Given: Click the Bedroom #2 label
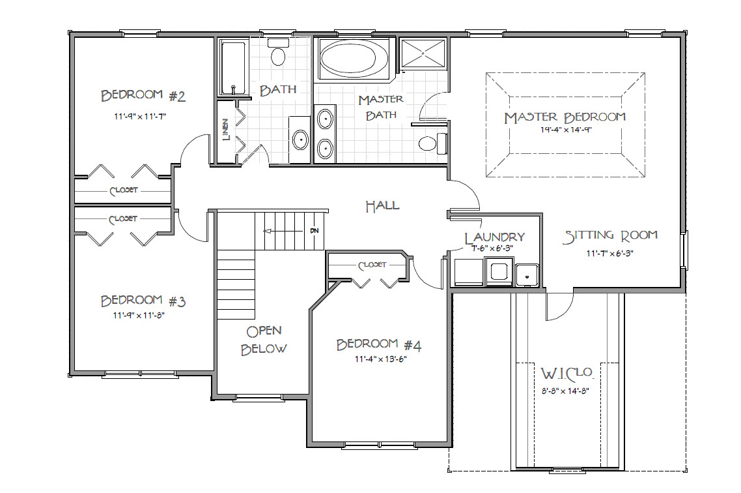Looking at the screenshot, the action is coord(143,96).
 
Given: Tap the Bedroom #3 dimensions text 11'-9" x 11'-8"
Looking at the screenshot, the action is coord(139,316).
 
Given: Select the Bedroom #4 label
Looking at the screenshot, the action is coord(378,344).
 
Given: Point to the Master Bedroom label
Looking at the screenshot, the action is coord(565,117).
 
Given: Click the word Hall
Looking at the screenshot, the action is coord(382,206).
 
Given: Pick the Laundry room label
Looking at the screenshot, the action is coord(494,237).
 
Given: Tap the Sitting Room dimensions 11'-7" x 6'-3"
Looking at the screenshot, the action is coord(609,253).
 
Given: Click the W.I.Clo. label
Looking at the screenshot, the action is coord(566,374).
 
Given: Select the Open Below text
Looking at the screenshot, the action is coord(264,340).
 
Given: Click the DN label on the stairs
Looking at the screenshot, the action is coord(315,231).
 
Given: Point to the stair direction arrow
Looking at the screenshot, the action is coord(283,231).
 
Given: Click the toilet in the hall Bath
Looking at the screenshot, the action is coord(278,53).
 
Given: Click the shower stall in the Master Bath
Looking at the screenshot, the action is coord(423,53).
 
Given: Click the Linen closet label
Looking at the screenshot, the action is coord(226,130).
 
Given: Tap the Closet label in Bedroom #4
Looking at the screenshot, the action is coord(372,265).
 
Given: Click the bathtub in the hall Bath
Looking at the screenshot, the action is coord(234,68).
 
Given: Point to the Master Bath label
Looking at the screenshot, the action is coord(381,107).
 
